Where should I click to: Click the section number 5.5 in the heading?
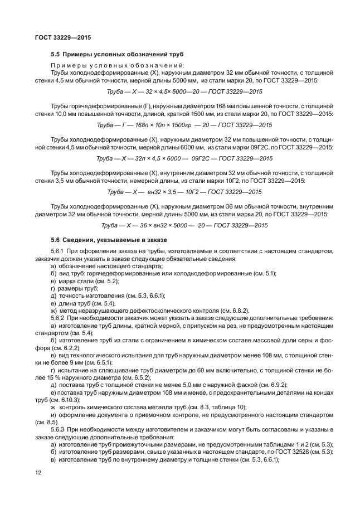click(55, 54)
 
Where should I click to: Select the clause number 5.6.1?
click(59, 252)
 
